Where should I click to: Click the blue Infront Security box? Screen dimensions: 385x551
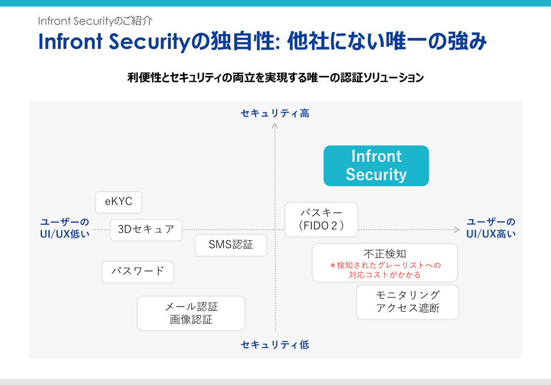(376, 165)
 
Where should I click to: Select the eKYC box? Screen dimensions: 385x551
(118, 202)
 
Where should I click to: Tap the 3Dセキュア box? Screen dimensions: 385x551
(146, 230)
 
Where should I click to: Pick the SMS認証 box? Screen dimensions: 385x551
(231, 245)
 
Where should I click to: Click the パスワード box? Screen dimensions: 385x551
(138, 272)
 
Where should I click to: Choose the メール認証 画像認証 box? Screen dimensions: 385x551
(191, 313)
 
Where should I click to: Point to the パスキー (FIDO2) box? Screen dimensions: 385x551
(321, 219)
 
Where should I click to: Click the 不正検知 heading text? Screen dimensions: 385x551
(385, 254)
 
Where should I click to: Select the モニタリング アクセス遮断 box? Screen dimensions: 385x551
(407, 302)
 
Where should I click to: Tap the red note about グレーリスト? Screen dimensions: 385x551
(385, 270)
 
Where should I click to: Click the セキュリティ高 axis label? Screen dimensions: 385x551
(275, 113)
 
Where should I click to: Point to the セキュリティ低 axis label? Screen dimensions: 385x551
(275, 345)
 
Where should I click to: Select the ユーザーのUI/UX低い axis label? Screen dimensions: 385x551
(64, 227)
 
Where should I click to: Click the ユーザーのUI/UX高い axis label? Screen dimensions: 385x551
(491, 227)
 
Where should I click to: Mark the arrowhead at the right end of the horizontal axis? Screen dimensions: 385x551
(457, 229)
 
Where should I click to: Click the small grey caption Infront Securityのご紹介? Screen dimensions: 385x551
(95, 21)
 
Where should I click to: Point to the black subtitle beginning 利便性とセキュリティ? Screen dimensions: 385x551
(275, 78)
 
